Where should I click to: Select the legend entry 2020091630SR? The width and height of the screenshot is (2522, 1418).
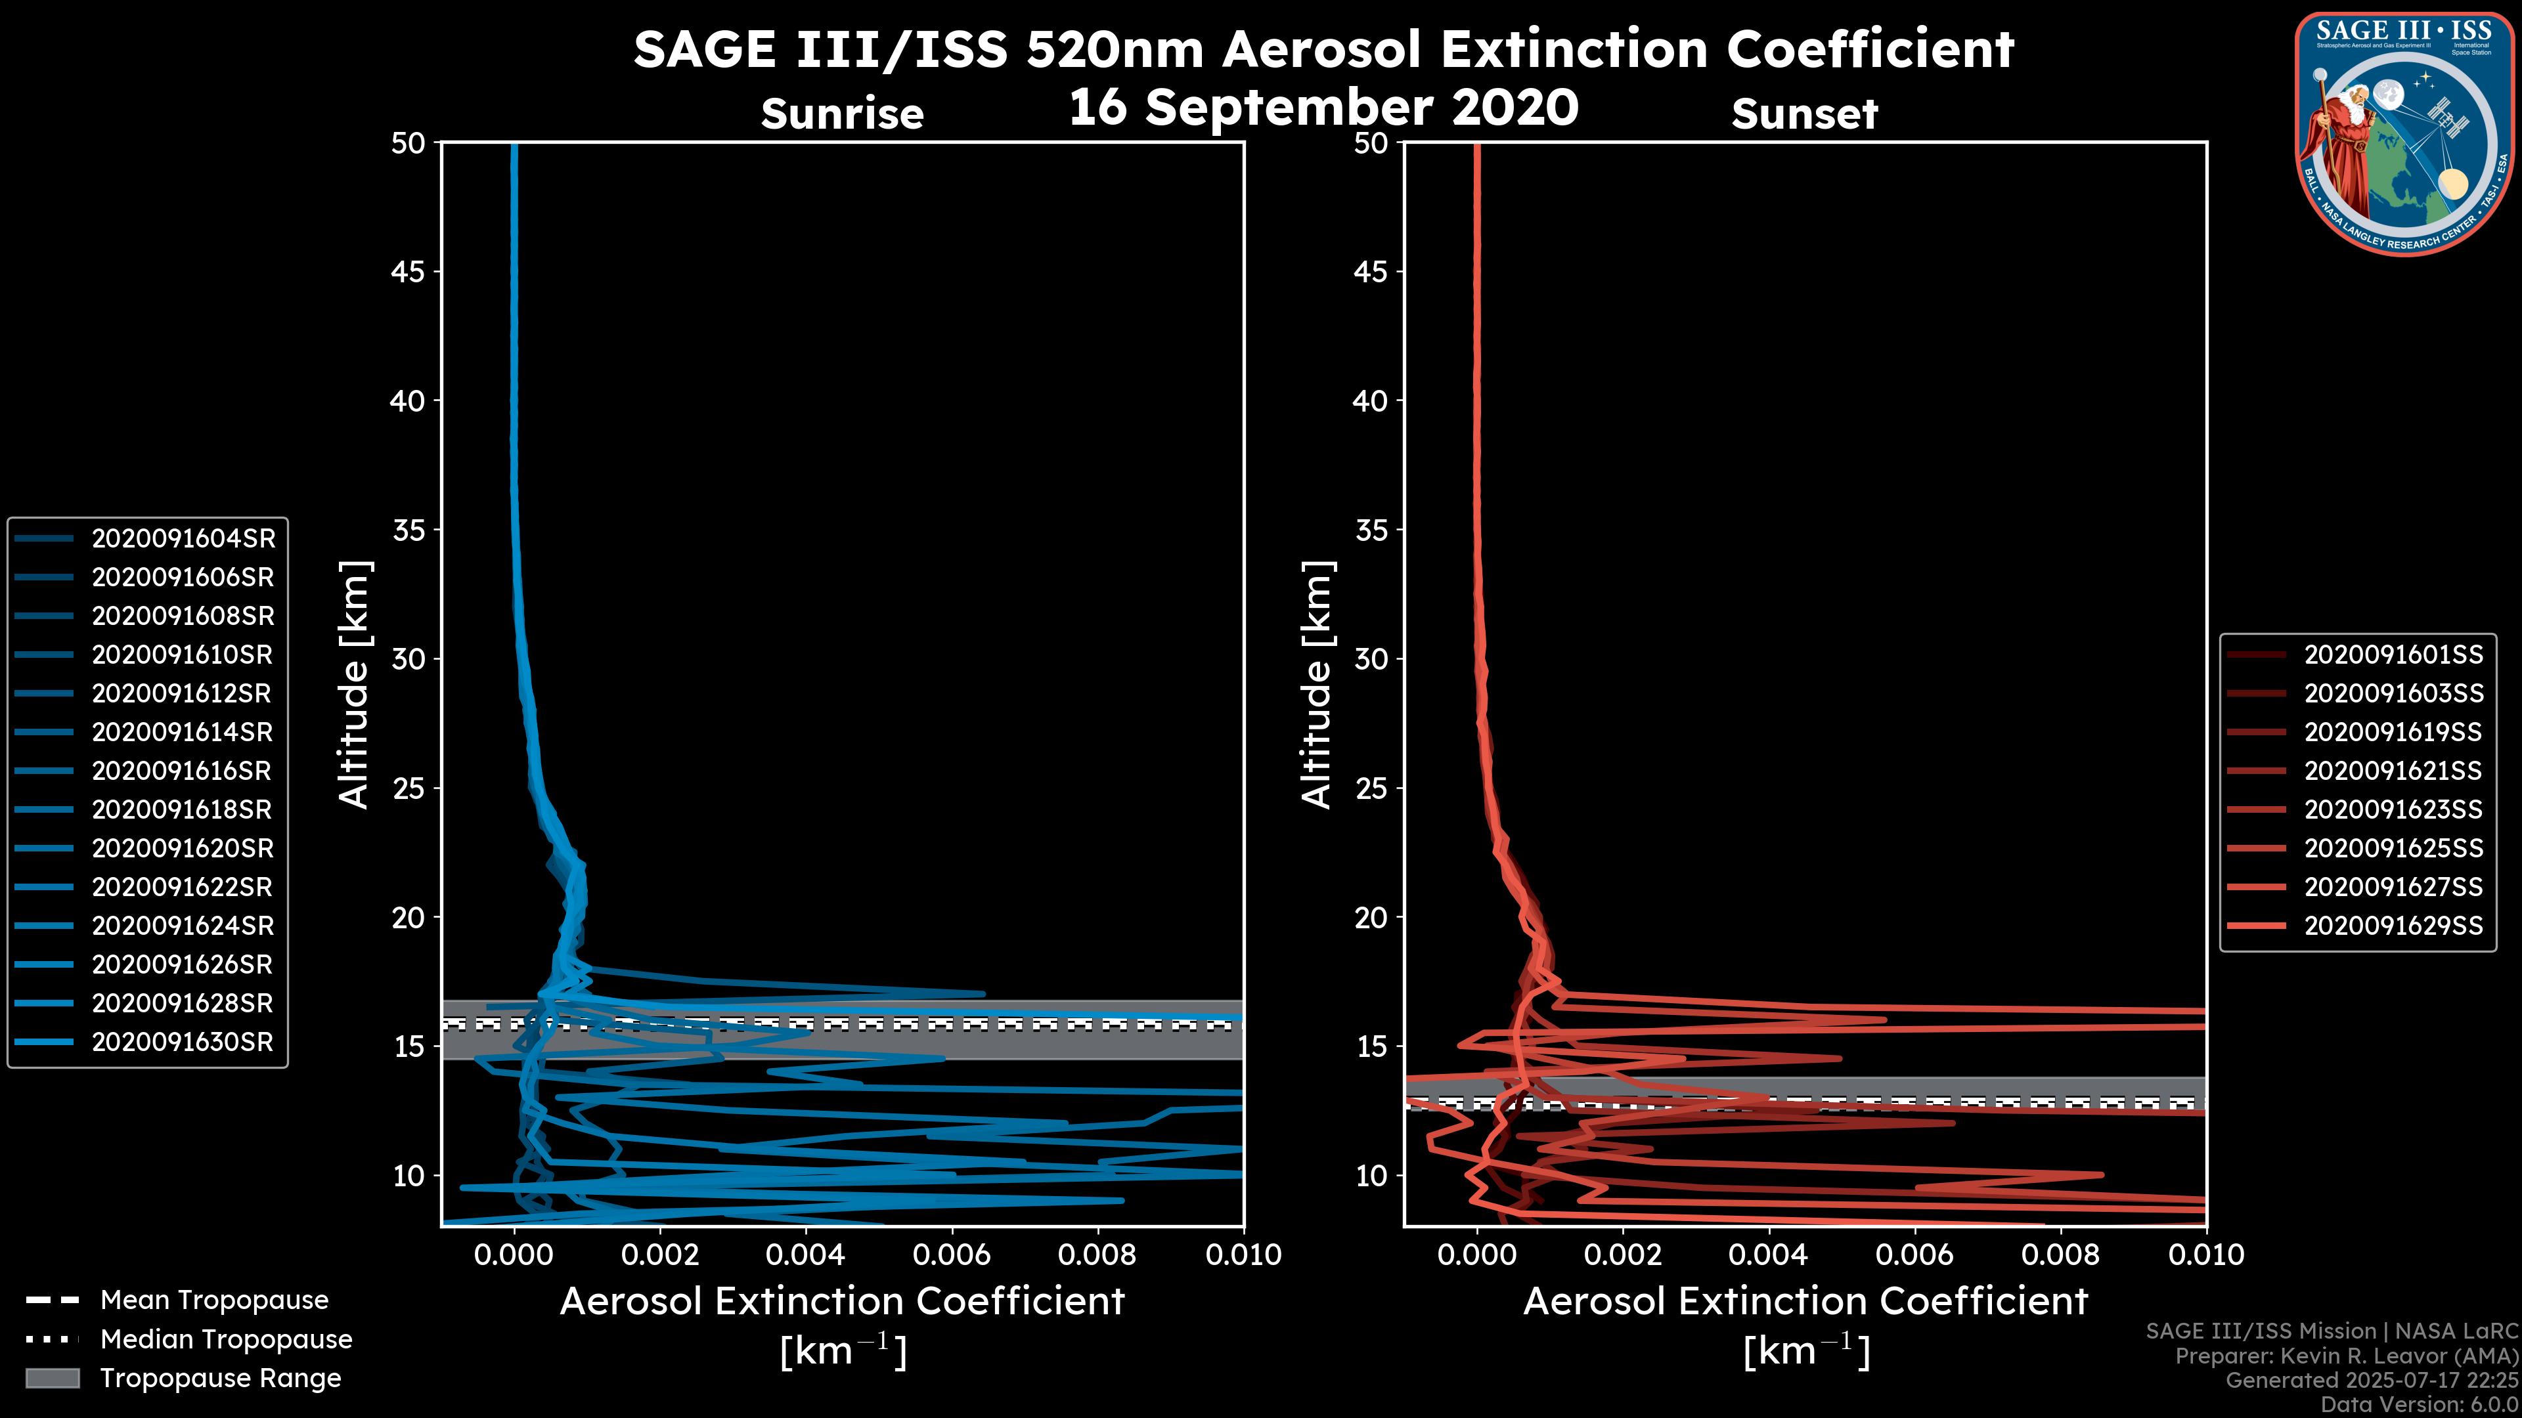(182, 1042)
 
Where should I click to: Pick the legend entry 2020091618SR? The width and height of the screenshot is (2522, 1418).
(181, 810)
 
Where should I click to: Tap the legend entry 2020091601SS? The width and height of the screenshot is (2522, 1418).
(2393, 655)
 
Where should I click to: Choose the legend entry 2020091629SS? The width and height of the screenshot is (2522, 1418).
(2393, 926)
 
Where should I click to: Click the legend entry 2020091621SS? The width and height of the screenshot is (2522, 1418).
(2393, 771)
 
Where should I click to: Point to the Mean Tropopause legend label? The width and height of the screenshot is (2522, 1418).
(214, 1300)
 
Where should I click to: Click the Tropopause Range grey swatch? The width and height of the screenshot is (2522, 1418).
(52, 1378)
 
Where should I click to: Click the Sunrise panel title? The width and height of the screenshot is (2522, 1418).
(842, 114)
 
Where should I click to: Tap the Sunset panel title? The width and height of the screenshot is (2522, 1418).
(1804, 114)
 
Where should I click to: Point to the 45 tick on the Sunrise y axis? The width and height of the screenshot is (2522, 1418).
(409, 272)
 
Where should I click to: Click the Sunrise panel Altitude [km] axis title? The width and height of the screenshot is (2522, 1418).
(355, 684)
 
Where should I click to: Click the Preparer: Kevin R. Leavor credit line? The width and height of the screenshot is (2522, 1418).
(2346, 1356)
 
